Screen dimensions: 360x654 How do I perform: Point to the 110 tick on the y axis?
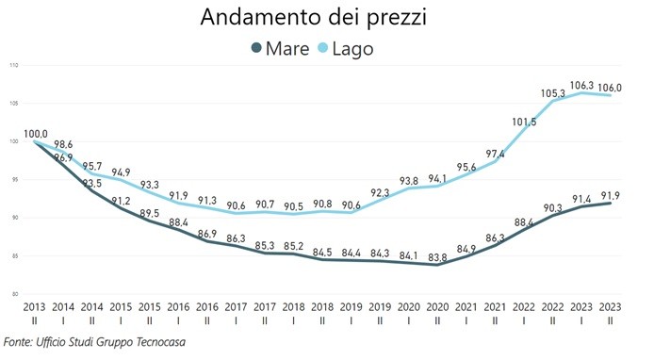tap(13, 65)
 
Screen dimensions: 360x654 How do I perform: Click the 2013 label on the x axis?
tap(36, 308)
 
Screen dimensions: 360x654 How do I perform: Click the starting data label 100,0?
tap(36, 134)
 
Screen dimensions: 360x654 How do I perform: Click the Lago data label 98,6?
tap(63, 144)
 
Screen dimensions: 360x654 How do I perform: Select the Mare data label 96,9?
tap(63, 157)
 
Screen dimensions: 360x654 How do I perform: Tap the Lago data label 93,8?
tap(409, 181)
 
